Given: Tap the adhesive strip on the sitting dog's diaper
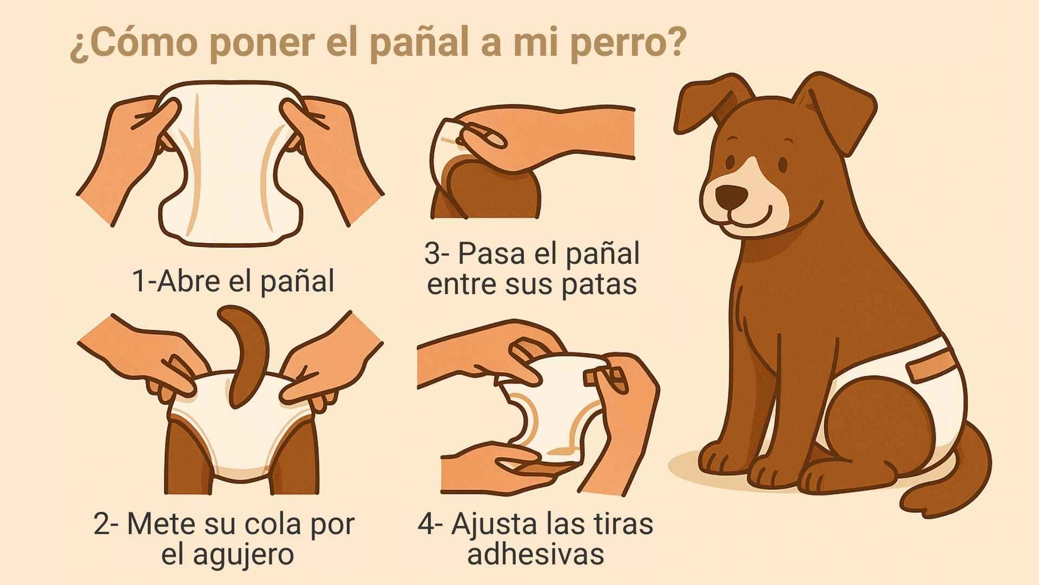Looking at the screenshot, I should coord(929,368).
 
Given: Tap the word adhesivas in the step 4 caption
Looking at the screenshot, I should coord(535,554).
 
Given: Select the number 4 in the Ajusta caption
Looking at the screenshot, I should coord(426,524).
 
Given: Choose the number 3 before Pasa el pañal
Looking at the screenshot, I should coord(432,253).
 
